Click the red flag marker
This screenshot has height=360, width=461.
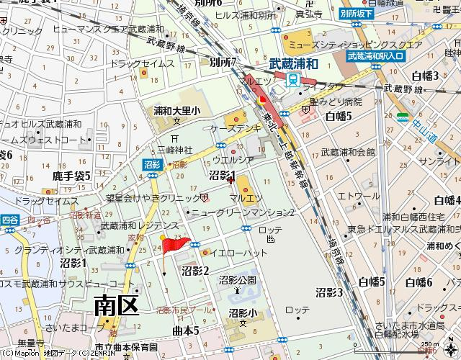175,246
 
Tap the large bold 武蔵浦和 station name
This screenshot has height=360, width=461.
293,64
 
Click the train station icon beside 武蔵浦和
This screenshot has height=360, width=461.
293,81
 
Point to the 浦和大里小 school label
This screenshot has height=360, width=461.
176,111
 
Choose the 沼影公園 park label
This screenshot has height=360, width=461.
238,279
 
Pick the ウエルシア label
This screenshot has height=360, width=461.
233,160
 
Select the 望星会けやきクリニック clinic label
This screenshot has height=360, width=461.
153,197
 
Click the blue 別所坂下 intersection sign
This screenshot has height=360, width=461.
357,13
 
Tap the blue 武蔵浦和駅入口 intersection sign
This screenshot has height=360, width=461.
376,55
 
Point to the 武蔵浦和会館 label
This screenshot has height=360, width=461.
348,153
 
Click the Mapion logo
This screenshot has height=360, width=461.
19,354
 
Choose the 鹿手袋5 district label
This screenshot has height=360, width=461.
73,175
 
